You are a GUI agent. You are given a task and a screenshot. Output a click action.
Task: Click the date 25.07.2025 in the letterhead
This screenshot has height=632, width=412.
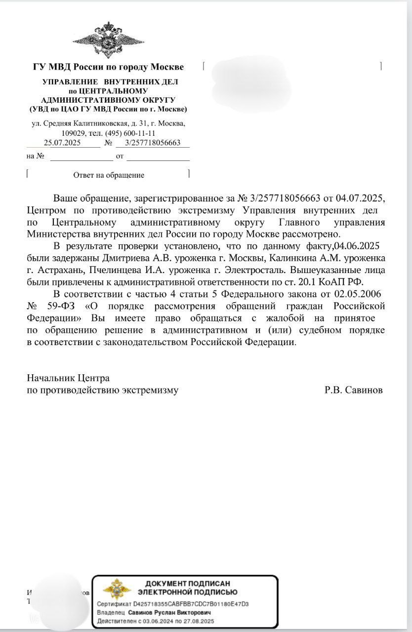[x=62, y=143]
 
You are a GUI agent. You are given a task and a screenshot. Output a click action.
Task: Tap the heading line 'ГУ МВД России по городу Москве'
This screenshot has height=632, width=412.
[x=108, y=67]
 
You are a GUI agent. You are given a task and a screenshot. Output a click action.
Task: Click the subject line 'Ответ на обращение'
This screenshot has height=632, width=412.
[x=109, y=175]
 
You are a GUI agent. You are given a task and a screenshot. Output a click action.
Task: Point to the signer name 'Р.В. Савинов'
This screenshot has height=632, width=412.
[x=354, y=390]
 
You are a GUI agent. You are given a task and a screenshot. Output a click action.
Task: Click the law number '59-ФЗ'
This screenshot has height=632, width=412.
[x=58, y=307]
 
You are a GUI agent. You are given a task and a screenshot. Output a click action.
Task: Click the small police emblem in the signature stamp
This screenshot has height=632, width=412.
[x=114, y=589]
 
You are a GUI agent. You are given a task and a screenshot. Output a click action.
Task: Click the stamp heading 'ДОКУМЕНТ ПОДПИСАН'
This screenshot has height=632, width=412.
[x=188, y=584]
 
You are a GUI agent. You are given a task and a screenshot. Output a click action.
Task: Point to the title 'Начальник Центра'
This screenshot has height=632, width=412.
[x=68, y=378]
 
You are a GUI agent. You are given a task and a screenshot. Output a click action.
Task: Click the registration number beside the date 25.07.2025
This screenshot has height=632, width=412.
[x=153, y=143]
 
